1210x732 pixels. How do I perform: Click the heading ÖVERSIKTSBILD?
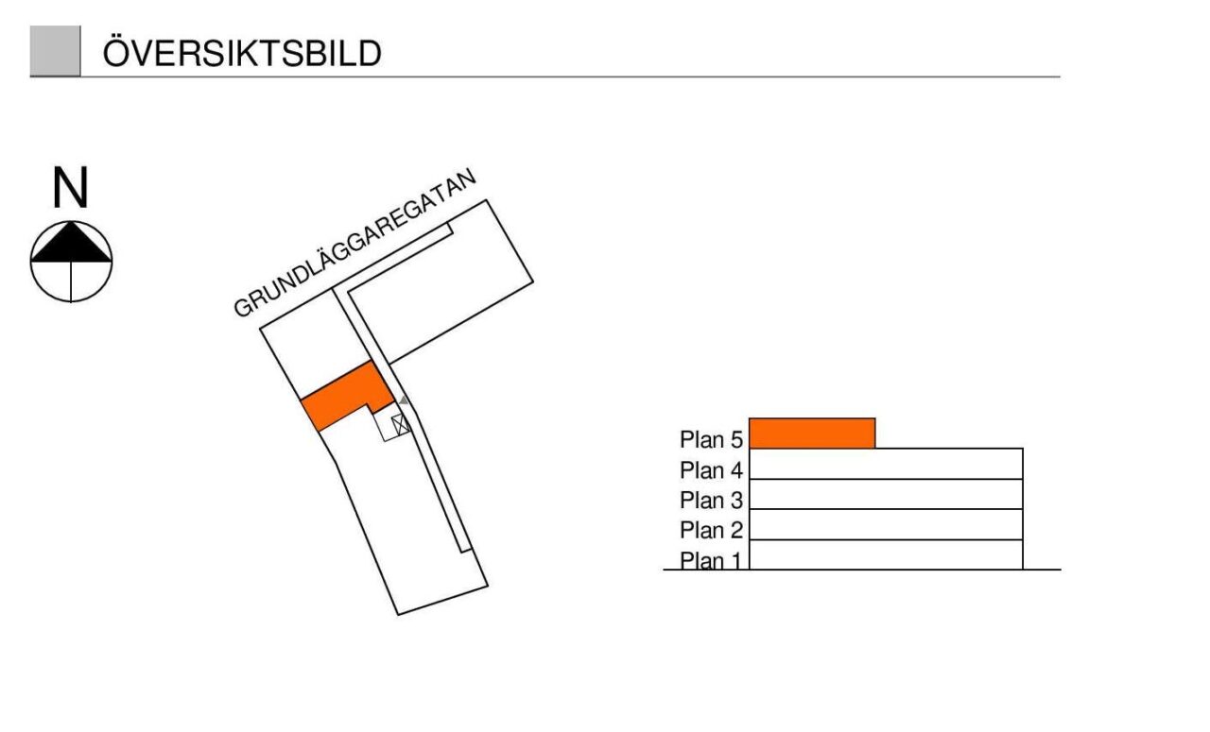(242, 53)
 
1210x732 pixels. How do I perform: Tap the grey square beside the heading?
(55, 51)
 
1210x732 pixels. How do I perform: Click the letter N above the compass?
(70, 188)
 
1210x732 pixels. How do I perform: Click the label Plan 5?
(711, 439)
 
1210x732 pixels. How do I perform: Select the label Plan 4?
(711, 469)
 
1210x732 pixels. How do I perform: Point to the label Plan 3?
(711, 500)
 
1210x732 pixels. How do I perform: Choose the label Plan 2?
(711, 530)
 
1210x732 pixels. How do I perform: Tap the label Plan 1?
(711, 560)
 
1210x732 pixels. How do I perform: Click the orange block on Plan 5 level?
(812, 434)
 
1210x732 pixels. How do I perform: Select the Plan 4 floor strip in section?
(886, 464)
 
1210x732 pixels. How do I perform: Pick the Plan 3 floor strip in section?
(886, 494)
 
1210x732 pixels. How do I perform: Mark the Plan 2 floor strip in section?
(886, 524)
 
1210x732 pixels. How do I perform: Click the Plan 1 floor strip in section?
(886, 554)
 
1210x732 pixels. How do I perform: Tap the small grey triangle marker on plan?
(404, 400)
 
